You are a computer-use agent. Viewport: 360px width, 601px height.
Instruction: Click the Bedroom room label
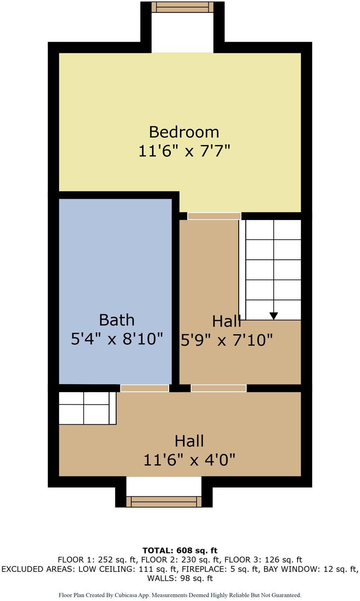184,132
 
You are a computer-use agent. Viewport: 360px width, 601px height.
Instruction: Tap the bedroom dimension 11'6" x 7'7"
184,151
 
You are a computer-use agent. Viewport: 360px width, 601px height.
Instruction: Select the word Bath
117,320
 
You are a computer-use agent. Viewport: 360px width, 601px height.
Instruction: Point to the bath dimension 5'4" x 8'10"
117,339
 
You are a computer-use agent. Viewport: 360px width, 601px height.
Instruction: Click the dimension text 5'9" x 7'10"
227,341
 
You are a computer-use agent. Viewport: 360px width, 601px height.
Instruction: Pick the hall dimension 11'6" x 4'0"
189,460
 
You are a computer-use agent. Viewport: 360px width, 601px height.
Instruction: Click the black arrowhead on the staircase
273,316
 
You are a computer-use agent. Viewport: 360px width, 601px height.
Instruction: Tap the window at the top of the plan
182,7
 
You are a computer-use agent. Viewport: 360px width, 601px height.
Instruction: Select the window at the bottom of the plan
164,501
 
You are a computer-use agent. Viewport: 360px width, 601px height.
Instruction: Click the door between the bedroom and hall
214,216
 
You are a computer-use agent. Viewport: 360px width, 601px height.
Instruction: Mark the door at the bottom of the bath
145,388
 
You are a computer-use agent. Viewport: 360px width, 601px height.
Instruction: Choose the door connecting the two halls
218,388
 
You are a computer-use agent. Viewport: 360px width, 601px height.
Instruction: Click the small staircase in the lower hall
87,408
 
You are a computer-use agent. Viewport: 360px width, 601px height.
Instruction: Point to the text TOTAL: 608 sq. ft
180,551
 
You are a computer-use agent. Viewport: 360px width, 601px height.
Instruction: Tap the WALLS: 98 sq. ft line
180,578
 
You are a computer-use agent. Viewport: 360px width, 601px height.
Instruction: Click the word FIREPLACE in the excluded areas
209,569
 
